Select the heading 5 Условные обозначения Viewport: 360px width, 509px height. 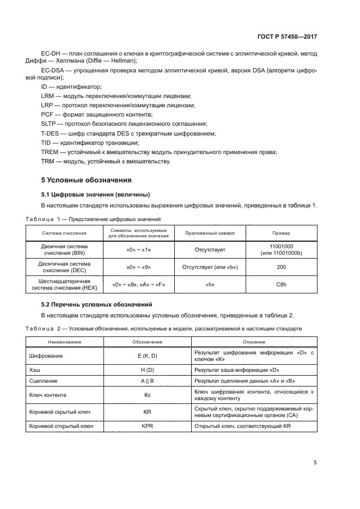coord(86,180)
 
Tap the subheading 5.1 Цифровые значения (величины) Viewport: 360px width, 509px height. coord(95,194)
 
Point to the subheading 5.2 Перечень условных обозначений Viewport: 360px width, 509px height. coord(97,304)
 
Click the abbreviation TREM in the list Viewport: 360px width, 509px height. coord(50,152)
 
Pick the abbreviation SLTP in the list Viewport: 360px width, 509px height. coord(49,124)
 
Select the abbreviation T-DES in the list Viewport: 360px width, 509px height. coord(51,133)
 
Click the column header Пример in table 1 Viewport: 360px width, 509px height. coord(281,232)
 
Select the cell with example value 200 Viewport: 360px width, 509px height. coord(281,267)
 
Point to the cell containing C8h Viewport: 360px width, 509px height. coord(281,285)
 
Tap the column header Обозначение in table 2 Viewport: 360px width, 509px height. coord(147,342)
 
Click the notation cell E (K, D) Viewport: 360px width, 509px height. coord(147,356)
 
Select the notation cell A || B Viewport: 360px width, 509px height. coord(147,381)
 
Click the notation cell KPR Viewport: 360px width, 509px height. coord(147,426)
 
